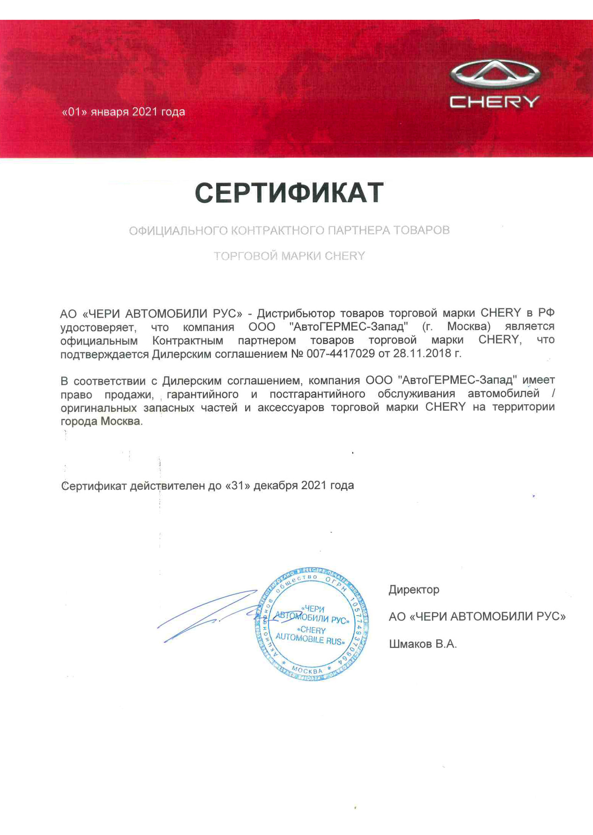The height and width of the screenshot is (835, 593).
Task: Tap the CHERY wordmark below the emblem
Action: (x=495, y=102)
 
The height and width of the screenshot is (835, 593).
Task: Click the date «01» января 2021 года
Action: (x=123, y=112)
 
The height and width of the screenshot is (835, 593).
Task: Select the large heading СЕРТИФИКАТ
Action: (x=289, y=193)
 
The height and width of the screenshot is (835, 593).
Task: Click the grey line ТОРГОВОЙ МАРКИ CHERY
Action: (x=289, y=256)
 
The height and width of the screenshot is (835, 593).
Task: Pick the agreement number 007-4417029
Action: (x=341, y=354)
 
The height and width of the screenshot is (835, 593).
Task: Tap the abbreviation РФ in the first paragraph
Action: (x=546, y=313)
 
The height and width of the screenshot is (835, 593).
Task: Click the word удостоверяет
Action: (x=98, y=327)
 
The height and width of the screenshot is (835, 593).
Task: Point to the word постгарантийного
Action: (x=317, y=394)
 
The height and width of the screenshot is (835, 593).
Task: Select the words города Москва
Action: (x=101, y=422)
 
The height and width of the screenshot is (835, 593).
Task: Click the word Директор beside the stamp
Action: (x=414, y=590)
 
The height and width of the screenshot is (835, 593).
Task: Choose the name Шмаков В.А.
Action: (x=422, y=644)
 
